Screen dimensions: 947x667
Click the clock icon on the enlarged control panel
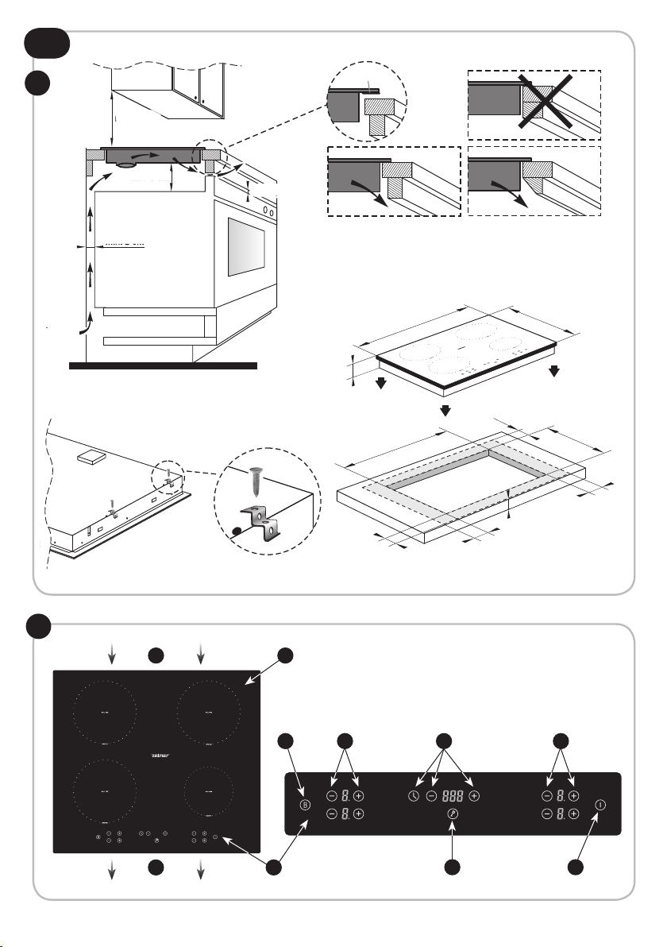point(413,795)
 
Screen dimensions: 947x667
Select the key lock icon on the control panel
point(453,814)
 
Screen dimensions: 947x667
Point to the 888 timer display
point(453,795)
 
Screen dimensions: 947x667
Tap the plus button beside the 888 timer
point(474,795)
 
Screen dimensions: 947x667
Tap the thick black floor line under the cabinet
point(164,366)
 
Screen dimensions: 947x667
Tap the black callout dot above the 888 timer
point(444,742)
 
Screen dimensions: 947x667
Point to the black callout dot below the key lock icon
point(453,868)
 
